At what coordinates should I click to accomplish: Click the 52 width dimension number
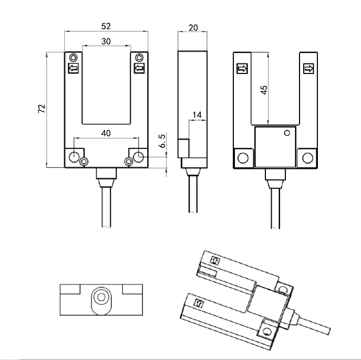[106, 26]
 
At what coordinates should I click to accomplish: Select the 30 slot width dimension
[106, 41]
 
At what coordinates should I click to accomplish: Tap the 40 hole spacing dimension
[106, 134]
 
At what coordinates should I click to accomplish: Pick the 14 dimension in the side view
[197, 115]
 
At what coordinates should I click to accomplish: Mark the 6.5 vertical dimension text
[162, 142]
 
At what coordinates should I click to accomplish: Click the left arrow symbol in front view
[74, 68]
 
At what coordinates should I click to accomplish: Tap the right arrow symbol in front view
[139, 68]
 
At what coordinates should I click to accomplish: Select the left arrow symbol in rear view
[242, 69]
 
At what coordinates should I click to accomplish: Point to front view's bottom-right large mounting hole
[138, 156]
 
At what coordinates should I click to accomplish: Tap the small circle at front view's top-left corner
[74, 57]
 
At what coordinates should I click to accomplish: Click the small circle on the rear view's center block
[286, 133]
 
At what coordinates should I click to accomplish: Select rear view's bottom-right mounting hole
[307, 158]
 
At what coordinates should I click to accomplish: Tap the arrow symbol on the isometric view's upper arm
[214, 260]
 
